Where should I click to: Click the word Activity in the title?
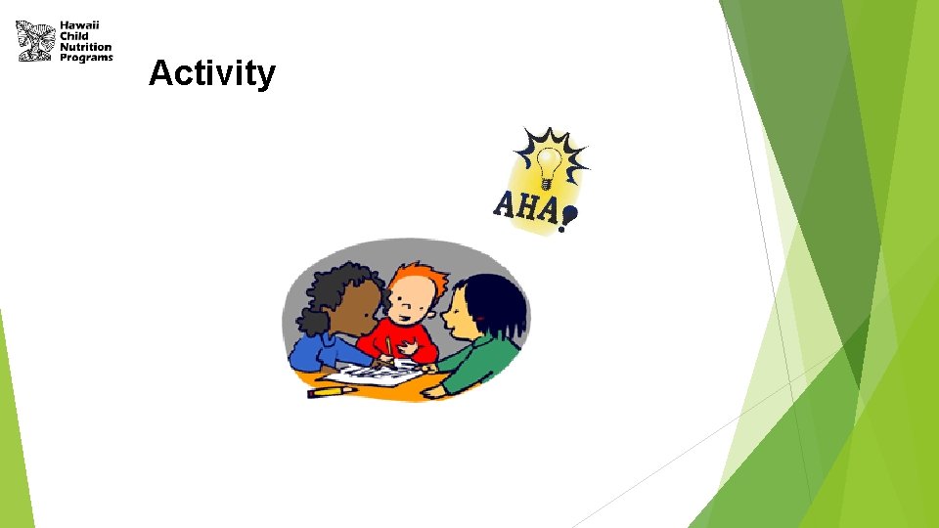point(212,73)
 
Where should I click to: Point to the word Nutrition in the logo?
point(86,47)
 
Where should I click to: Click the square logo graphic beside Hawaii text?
point(35,40)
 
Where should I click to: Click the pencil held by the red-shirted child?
point(388,347)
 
